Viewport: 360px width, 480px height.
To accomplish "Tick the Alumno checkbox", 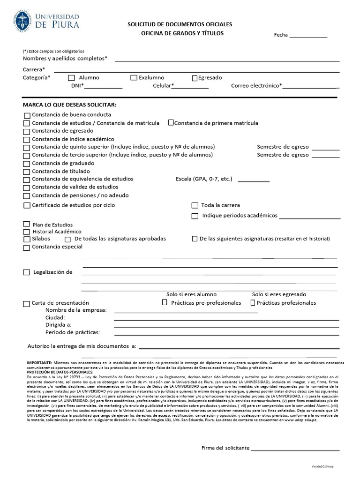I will pos(71,78).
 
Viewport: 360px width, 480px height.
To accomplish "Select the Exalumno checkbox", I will pos(134,78).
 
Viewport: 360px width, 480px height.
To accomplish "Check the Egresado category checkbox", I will pos(195,78).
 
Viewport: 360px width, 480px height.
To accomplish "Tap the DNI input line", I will pos(103,88).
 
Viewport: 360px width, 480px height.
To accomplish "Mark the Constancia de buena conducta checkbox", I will pos(27,115).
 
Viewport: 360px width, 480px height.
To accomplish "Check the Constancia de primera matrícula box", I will pos(171,123).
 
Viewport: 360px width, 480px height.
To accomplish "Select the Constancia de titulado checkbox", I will pos(27,172).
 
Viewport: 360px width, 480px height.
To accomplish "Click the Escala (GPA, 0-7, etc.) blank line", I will pos(254,180).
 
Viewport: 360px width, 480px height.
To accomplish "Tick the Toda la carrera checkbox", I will pos(195,205).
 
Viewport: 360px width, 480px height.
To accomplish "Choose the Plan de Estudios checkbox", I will pos(27,225).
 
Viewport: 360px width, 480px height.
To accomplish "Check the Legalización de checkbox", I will pos(27,272).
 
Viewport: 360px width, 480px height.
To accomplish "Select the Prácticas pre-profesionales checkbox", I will pos(165,303).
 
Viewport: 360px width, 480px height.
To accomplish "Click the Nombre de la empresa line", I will pos(186,312).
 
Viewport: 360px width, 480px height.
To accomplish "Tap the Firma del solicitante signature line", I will pos(295,450).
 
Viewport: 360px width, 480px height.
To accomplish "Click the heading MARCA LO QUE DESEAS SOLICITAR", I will pos(70,104).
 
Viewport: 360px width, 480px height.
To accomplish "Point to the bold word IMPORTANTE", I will pos(39,363).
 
